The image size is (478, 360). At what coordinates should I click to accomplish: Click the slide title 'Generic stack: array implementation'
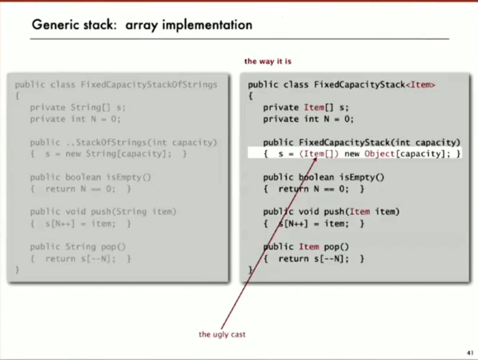coord(142,25)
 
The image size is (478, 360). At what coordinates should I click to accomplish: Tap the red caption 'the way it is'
coord(268,61)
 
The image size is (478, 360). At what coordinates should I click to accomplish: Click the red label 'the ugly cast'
coord(222,334)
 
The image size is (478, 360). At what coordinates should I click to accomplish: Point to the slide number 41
coord(470,353)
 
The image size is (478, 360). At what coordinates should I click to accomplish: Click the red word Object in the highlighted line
coord(379,154)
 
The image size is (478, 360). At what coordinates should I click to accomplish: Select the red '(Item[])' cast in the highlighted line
coord(319,154)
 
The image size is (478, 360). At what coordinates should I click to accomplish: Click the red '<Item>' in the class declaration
coord(420,85)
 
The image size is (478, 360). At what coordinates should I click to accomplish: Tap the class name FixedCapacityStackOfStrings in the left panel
coord(149,85)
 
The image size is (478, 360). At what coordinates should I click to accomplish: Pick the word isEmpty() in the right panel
coord(362,177)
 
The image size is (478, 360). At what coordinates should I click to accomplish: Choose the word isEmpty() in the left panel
coord(128,177)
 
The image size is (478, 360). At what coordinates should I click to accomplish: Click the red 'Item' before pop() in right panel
coord(309,247)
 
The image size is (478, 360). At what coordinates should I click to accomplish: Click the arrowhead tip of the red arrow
coord(316,158)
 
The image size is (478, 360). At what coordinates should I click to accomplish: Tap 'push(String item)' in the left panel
coord(133,212)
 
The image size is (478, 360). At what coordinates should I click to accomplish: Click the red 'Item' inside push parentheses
coord(360,212)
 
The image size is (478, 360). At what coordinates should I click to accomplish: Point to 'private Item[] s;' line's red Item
coord(314,108)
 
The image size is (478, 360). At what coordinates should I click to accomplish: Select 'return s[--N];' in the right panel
coord(313,259)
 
